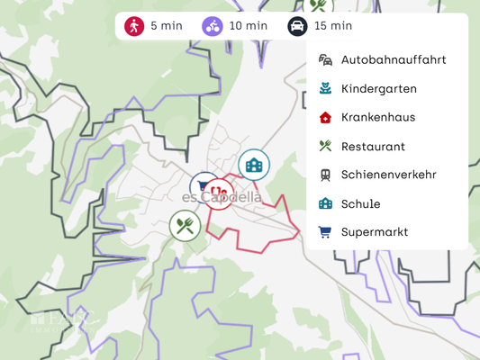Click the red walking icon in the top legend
tap(134, 25)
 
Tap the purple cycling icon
tap(213, 25)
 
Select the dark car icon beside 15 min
tap(297, 25)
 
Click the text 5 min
tap(167, 25)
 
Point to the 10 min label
tap(249, 25)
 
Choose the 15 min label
tap(333, 25)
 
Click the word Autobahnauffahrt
tap(394, 60)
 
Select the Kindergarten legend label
tap(378, 89)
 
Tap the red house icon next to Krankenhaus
tap(325, 117)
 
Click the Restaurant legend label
tap(373, 146)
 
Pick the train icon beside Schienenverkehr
tap(325, 175)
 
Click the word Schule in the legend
tap(360, 203)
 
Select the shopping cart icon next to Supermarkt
tap(325, 232)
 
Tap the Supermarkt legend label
tap(375, 232)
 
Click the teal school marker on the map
tap(254, 165)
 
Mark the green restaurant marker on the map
tap(186, 225)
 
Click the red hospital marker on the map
tap(219, 192)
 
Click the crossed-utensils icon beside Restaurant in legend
tap(325, 146)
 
